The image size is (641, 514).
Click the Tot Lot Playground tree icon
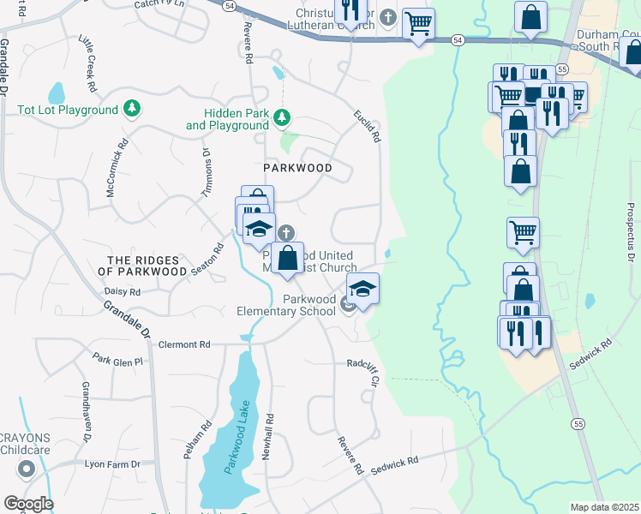tap(132, 109)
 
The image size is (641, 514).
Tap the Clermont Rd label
tap(184, 344)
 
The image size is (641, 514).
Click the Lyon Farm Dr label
tap(112, 463)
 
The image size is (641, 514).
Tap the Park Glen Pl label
tap(117, 361)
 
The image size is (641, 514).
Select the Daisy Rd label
tap(122, 291)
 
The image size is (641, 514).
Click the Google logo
tap(28, 504)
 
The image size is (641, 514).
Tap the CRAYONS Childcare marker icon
tap(27, 469)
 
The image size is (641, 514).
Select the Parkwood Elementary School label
tap(286, 305)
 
